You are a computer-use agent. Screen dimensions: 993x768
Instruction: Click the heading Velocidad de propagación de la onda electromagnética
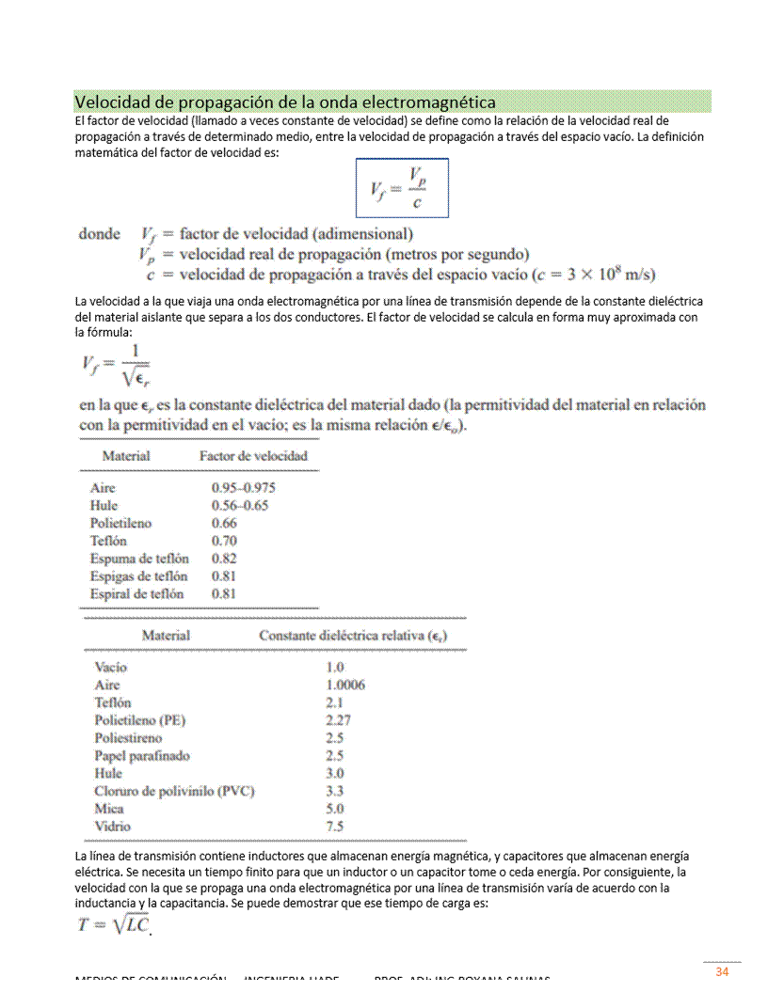click(285, 102)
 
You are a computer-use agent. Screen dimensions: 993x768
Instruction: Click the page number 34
click(722, 971)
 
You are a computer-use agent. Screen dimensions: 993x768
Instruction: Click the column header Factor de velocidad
click(253, 456)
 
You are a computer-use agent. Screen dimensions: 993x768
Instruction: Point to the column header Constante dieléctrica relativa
click(352, 636)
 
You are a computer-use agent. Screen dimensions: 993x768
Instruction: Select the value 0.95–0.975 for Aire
click(243, 488)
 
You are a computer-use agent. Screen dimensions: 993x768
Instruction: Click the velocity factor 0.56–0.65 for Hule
click(239, 506)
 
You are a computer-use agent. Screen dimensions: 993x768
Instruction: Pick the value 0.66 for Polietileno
click(224, 523)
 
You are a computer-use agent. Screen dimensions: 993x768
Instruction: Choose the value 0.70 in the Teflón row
click(224, 541)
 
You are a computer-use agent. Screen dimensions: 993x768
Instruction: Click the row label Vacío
click(111, 667)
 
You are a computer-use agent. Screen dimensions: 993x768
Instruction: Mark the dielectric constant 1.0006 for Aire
click(344, 685)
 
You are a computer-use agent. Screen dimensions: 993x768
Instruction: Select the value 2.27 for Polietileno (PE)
click(338, 720)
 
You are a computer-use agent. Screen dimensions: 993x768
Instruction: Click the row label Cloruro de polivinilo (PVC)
click(174, 791)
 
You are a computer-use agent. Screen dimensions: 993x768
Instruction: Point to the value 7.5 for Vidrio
click(334, 827)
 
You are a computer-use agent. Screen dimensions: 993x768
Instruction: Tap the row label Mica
click(108, 809)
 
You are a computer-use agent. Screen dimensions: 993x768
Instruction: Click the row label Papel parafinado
click(141, 755)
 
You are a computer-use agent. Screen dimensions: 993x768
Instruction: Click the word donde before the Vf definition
click(99, 234)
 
